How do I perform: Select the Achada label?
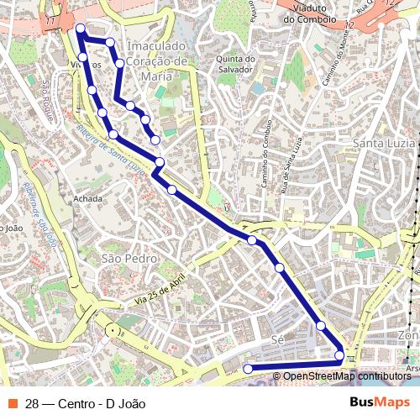(88, 199)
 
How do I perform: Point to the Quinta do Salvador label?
(235, 64)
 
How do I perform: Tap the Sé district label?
(279, 339)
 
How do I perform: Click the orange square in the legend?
(12, 402)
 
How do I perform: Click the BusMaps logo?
(381, 402)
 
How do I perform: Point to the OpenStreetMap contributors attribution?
(346, 375)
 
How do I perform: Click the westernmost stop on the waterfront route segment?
(248, 369)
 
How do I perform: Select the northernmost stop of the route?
(81, 29)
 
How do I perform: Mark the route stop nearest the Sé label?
(320, 326)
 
